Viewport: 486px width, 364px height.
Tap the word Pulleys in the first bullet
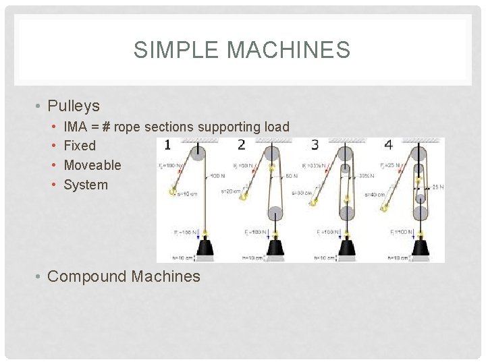[74, 106]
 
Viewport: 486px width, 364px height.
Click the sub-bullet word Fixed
[80, 146]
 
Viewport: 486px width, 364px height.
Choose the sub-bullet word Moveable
[92, 165]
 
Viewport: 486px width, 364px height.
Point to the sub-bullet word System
[86, 185]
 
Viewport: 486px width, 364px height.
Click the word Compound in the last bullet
[88, 276]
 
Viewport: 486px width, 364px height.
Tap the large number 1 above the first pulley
[167, 145]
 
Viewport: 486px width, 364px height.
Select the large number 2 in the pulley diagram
[242, 145]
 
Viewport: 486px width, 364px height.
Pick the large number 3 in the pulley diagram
[315, 145]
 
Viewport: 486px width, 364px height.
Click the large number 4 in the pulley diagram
[388, 145]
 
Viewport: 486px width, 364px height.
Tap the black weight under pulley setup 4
[420, 250]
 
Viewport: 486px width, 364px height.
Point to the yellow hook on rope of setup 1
[173, 191]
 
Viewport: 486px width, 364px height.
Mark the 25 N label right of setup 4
[437, 187]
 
